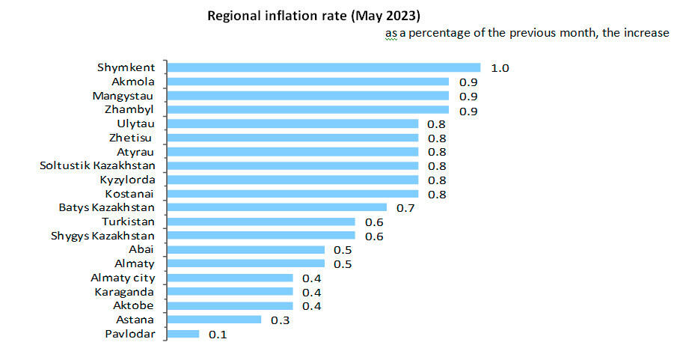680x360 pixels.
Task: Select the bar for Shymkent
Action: (x=324, y=68)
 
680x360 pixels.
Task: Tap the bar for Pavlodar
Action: (x=184, y=334)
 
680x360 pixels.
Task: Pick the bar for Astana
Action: (x=215, y=320)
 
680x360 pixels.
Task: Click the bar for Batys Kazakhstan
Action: (x=278, y=207)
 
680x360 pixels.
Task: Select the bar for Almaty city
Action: (x=230, y=278)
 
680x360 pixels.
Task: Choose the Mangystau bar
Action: (x=308, y=96)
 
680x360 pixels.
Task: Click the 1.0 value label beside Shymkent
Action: (x=500, y=68)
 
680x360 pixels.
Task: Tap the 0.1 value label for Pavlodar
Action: (x=218, y=335)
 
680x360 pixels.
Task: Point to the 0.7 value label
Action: (x=405, y=208)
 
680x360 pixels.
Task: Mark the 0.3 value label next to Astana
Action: (x=280, y=320)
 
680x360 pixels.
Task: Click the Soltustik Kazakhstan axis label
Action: (x=97, y=165)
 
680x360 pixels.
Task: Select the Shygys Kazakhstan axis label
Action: (x=103, y=236)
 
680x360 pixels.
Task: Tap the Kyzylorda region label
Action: (x=127, y=180)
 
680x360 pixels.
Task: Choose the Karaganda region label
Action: (x=124, y=292)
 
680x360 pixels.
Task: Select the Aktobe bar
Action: (x=230, y=305)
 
